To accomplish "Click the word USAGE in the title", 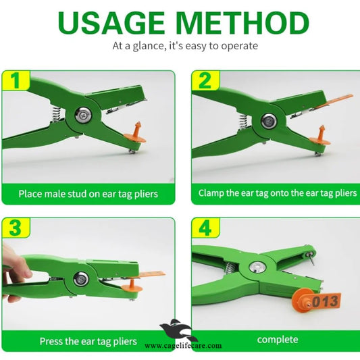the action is coord(111,22).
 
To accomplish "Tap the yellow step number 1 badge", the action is coord(16,80).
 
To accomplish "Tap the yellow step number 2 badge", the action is coord(205,80).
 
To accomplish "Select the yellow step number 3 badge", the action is coord(16,228).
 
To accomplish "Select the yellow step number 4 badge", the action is coord(205,228).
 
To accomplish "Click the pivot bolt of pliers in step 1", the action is coord(84,115).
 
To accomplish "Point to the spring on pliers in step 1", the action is coord(56,114).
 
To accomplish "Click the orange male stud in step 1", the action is coord(136,134).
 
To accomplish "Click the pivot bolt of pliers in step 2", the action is coord(269,120).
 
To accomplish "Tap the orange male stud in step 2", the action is coord(320,136).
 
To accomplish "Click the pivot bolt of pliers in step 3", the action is coord(81,279).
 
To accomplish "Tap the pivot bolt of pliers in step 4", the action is coord(257,267).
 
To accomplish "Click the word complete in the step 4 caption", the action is coord(278,339).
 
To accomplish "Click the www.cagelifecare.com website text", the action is coord(183,346).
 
